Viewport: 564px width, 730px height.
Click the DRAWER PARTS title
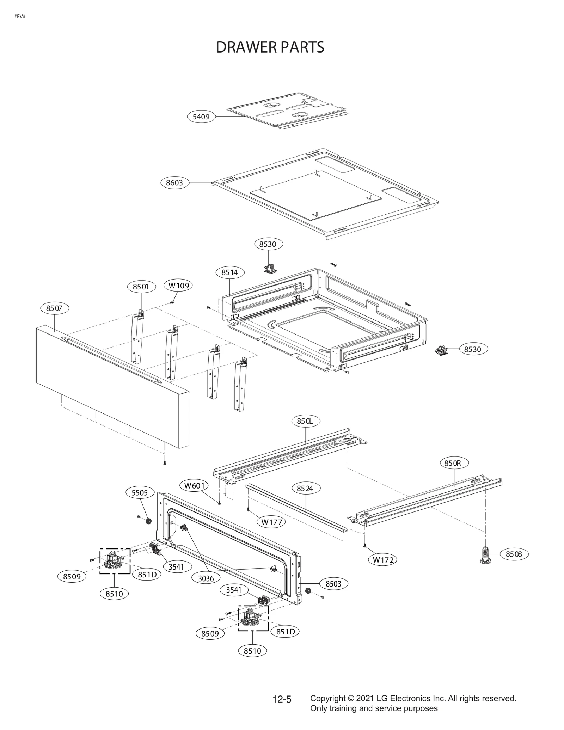pyautogui.click(x=270, y=47)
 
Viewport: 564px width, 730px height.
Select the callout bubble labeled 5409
pyautogui.click(x=201, y=117)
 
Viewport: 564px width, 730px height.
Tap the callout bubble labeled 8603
pyautogui.click(x=174, y=183)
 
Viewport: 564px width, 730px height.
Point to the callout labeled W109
pyautogui.click(x=178, y=286)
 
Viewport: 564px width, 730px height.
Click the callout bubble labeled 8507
pyautogui.click(x=54, y=308)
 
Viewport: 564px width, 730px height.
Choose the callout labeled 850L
pyautogui.click(x=305, y=421)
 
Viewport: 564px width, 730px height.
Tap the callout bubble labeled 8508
pyautogui.click(x=514, y=554)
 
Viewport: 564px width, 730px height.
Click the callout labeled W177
pyautogui.click(x=271, y=522)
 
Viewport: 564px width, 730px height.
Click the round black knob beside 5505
pyautogui.click(x=148, y=521)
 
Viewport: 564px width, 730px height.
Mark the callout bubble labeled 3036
pyautogui.click(x=206, y=578)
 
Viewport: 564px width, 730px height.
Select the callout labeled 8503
pyautogui.click(x=333, y=584)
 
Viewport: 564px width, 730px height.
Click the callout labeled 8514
pyautogui.click(x=229, y=272)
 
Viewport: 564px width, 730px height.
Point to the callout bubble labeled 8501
pyautogui.click(x=141, y=287)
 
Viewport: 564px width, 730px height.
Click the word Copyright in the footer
pyautogui.click(x=327, y=698)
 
